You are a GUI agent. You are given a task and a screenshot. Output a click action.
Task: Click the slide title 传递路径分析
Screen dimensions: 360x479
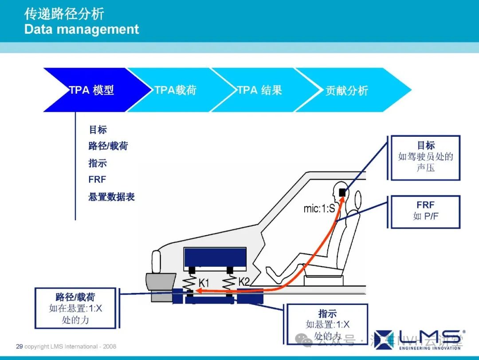(64, 14)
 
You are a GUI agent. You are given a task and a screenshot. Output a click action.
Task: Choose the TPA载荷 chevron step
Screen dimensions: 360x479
(176, 90)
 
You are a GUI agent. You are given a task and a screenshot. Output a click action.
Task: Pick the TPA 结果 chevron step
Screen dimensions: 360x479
(259, 90)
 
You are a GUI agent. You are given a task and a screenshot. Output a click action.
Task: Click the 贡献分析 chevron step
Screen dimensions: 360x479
(347, 91)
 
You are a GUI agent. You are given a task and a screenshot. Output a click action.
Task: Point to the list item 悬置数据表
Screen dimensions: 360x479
(111, 197)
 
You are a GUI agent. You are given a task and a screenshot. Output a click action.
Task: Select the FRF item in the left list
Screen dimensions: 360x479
(97, 180)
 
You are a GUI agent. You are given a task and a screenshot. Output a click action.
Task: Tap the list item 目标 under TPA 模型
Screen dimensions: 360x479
(98, 130)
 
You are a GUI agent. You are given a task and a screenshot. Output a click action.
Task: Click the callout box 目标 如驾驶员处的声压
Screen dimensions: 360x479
(425, 157)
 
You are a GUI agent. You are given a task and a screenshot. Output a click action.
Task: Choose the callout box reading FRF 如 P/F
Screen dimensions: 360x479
(425, 211)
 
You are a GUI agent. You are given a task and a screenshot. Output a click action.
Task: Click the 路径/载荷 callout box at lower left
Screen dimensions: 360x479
(75, 308)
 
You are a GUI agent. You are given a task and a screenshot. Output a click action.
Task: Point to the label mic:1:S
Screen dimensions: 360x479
(319, 208)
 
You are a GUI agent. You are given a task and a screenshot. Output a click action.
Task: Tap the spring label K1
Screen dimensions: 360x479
(204, 282)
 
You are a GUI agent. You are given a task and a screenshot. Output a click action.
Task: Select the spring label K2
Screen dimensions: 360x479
(244, 281)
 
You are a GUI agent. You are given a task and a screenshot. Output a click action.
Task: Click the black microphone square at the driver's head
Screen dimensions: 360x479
(342, 192)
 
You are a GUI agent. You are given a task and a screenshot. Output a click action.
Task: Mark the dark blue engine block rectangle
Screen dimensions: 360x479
(215, 259)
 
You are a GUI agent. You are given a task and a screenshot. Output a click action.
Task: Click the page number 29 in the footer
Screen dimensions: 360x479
(19, 346)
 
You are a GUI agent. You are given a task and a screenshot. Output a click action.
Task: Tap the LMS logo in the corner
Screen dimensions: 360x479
(419, 339)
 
